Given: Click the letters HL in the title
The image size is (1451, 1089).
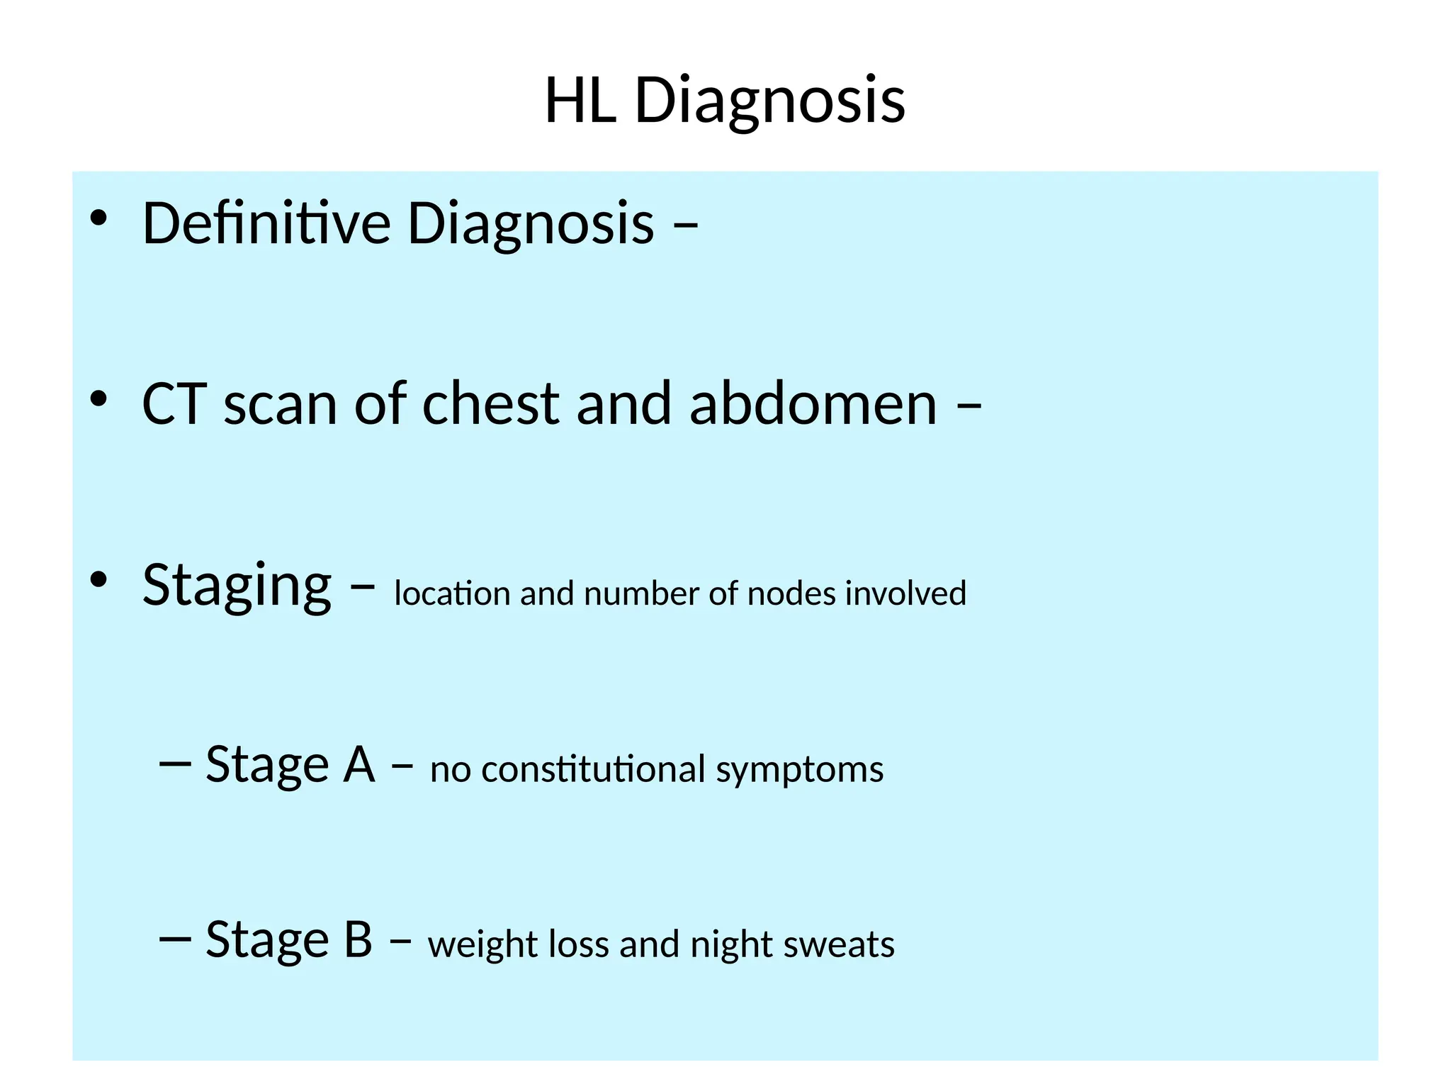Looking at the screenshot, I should (x=579, y=101).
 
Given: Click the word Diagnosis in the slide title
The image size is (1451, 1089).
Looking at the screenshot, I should (x=769, y=101).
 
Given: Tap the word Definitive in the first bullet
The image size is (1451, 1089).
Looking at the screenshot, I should (x=266, y=223).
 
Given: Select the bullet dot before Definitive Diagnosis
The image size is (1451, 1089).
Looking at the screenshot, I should (x=98, y=218).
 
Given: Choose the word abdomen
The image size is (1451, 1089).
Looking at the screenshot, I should (x=813, y=404).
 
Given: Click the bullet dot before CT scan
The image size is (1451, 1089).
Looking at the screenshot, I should (x=98, y=399).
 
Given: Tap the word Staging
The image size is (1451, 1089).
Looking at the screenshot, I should (x=237, y=586).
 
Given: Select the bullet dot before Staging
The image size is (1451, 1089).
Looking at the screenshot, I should (x=98, y=580).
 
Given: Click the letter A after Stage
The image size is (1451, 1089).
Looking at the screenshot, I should (x=359, y=766).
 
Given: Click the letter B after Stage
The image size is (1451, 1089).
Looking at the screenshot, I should (x=358, y=940).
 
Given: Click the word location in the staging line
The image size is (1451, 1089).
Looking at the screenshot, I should (x=452, y=593).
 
